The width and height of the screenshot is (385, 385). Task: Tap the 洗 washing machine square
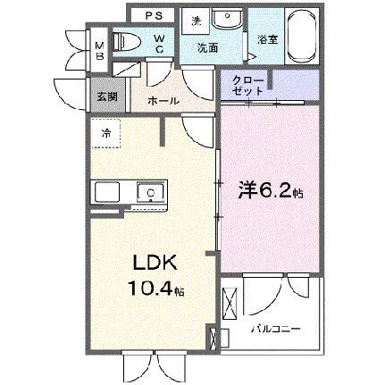[x=197, y=21]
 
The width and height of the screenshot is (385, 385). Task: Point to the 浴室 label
[x=267, y=39]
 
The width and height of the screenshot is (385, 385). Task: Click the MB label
[x=100, y=52]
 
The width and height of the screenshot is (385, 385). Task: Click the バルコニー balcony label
[x=274, y=328]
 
